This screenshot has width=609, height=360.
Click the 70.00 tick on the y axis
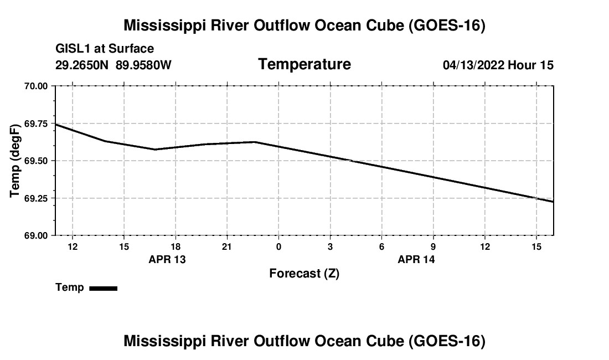[36, 86]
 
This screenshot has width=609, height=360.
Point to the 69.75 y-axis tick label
[36, 124]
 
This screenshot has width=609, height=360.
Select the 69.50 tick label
[36, 161]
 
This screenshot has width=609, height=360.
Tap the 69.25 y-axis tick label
[36, 198]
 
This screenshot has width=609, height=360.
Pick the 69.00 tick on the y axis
[36, 236]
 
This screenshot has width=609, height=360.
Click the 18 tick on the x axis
[176, 246]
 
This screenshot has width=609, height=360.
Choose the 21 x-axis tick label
[227, 246]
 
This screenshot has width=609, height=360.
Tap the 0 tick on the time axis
[278, 246]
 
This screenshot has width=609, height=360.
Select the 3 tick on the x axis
[330, 246]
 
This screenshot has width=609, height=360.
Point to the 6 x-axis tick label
[382, 246]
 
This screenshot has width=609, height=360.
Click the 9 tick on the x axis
[433, 246]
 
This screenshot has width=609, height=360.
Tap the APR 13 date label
[167, 259]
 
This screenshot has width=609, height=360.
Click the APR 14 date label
[416, 259]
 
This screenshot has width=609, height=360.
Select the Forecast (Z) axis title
[304, 274]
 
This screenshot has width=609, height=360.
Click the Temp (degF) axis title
[15, 161]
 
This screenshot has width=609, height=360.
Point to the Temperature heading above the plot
[304, 64]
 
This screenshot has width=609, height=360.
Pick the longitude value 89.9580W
[143, 65]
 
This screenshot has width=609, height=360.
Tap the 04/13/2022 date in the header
[473, 65]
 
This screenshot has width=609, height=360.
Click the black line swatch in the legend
[104, 288]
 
